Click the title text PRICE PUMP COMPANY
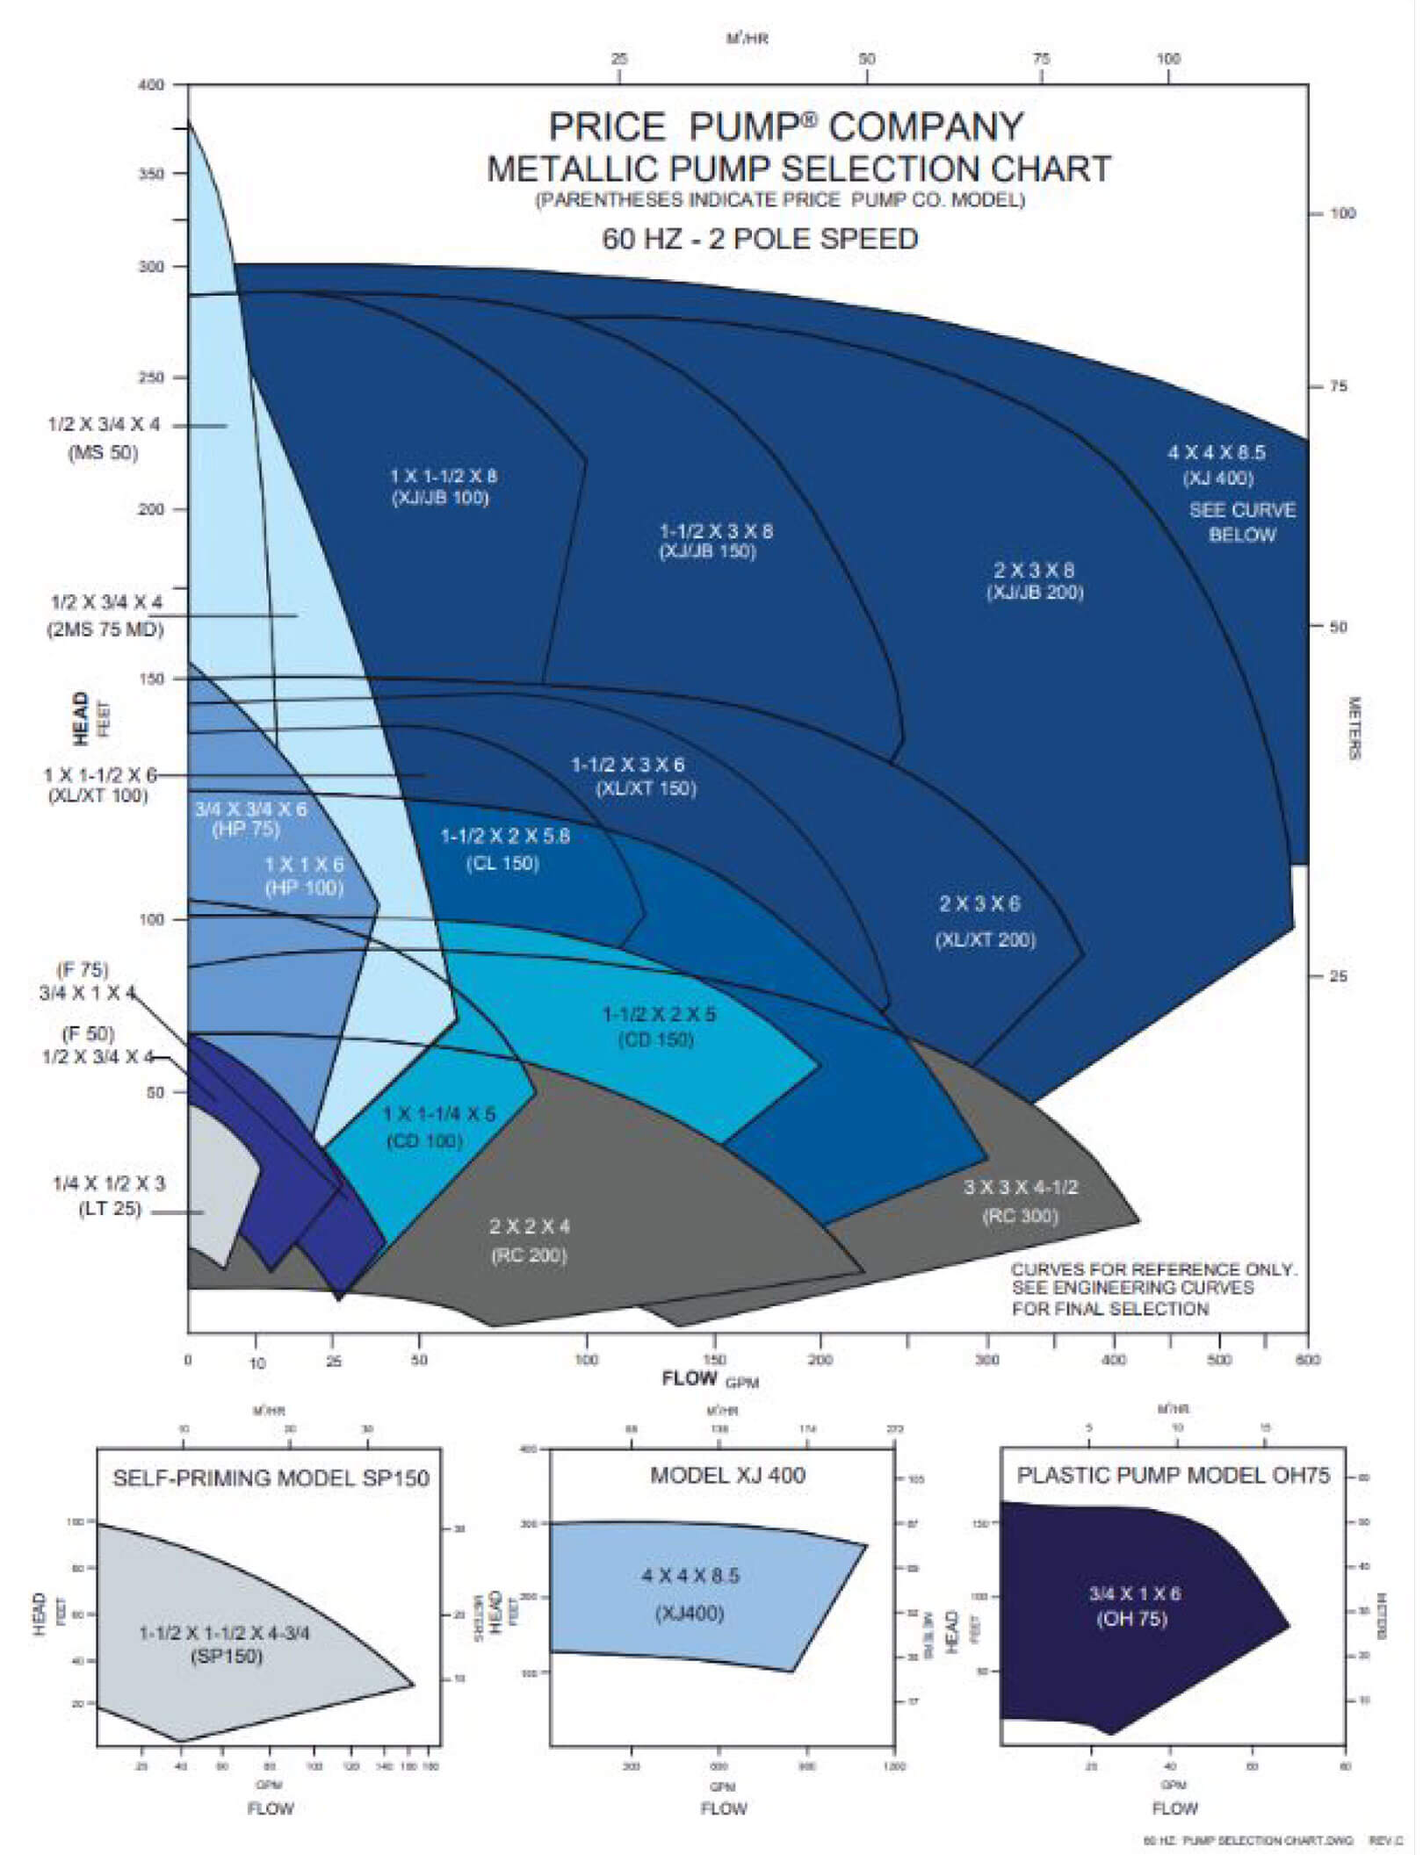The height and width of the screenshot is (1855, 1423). tap(786, 127)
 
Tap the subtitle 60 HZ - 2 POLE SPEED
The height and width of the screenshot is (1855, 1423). tap(760, 239)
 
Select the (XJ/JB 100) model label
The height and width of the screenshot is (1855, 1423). tap(440, 499)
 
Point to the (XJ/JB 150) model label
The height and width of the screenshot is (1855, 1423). tap(707, 552)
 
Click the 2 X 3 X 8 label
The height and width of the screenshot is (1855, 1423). tap(1034, 570)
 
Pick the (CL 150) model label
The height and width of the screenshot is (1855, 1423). tap(502, 863)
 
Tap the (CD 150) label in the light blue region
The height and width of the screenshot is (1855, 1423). tap(656, 1039)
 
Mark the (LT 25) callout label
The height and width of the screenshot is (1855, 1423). tap(110, 1209)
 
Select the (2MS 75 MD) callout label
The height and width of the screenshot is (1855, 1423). tap(105, 629)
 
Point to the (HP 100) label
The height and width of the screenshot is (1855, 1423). tap(304, 888)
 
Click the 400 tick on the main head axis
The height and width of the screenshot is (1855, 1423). tap(151, 85)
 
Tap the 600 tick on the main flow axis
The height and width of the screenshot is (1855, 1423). tap(1308, 1360)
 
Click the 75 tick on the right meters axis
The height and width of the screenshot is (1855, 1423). tap(1338, 386)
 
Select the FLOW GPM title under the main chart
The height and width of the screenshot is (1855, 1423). tap(710, 1378)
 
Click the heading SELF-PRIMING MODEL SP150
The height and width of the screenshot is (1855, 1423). tap(271, 1478)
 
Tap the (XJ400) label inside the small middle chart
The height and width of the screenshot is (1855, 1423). tap(690, 1614)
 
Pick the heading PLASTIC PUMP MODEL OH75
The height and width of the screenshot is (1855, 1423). tap(1174, 1475)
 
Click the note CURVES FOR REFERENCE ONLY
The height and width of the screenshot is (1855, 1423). tap(1153, 1269)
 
